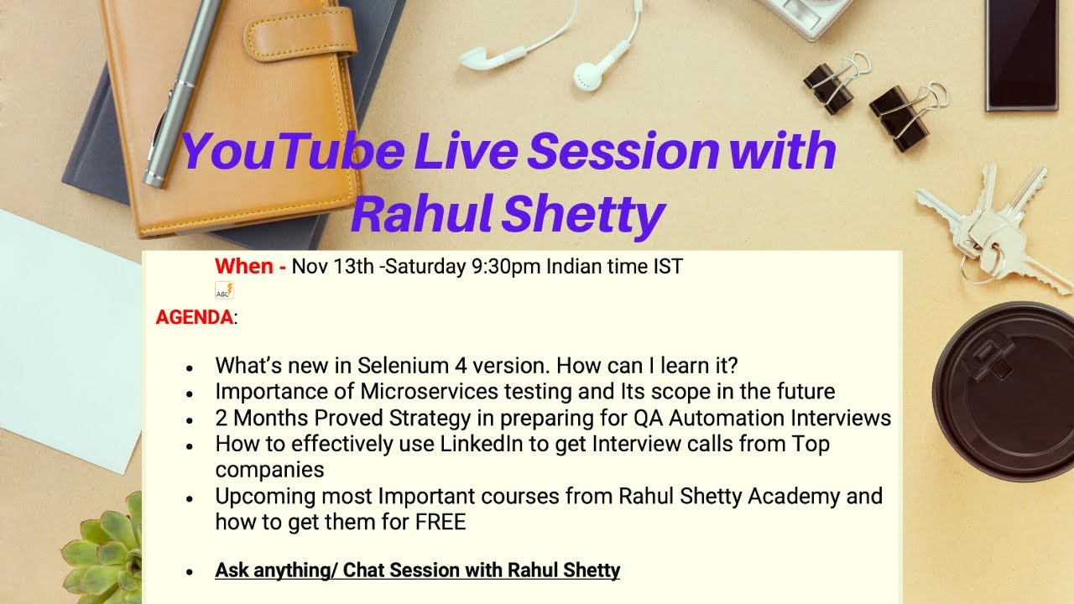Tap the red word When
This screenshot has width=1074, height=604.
(244, 267)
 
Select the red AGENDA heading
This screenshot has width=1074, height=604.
(195, 318)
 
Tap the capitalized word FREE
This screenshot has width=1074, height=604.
(440, 522)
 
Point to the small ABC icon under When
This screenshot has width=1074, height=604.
(225, 291)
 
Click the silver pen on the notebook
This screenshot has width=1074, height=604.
(181, 92)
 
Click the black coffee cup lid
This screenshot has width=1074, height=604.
(1003, 386)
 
